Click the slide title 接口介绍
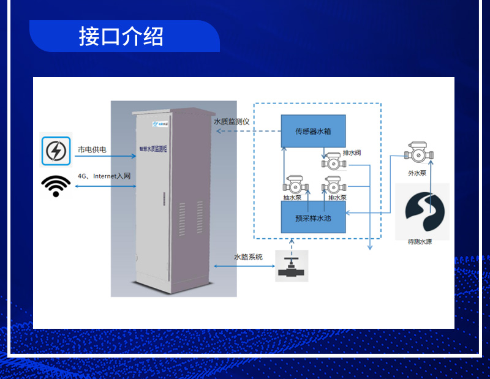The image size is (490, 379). coord(121,37)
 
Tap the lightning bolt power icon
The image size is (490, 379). coord(56,151)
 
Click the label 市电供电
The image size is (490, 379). coord(92,149)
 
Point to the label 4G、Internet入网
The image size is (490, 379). coord(104,176)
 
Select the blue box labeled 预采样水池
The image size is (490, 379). coord(313,217)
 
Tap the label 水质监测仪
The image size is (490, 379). coord(232,122)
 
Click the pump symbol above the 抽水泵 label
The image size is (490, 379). coord(292,184)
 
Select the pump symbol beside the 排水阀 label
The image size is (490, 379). coord(333,161)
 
